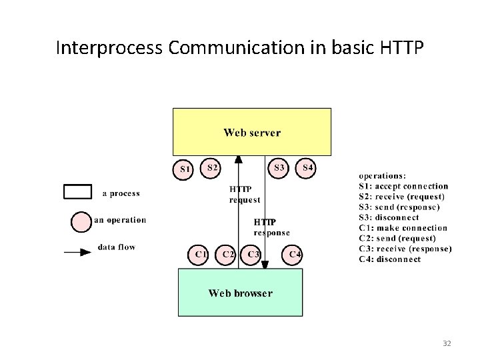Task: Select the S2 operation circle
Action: pos(211,167)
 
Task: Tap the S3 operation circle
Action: pos(279,167)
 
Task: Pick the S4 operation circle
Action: pos(307,167)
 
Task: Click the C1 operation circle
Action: pos(201,255)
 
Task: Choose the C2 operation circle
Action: pos(228,255)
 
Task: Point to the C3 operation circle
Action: pos(252,255)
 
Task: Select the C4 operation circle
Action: pos(295,255)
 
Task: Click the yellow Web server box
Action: pos(252,132)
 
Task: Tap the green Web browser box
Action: pos(240,293)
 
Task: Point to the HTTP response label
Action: pos(271,227)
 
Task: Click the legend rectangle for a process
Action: pos(77,192)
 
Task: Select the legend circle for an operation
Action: pos(81,221)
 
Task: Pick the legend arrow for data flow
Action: pos(77,252)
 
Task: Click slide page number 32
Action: pos(447,343)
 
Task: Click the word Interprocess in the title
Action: pos(99,49)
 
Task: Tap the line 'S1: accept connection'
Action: pos(403,187)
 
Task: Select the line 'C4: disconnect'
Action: pos(390,259)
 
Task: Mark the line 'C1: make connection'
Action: pos(403,228)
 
